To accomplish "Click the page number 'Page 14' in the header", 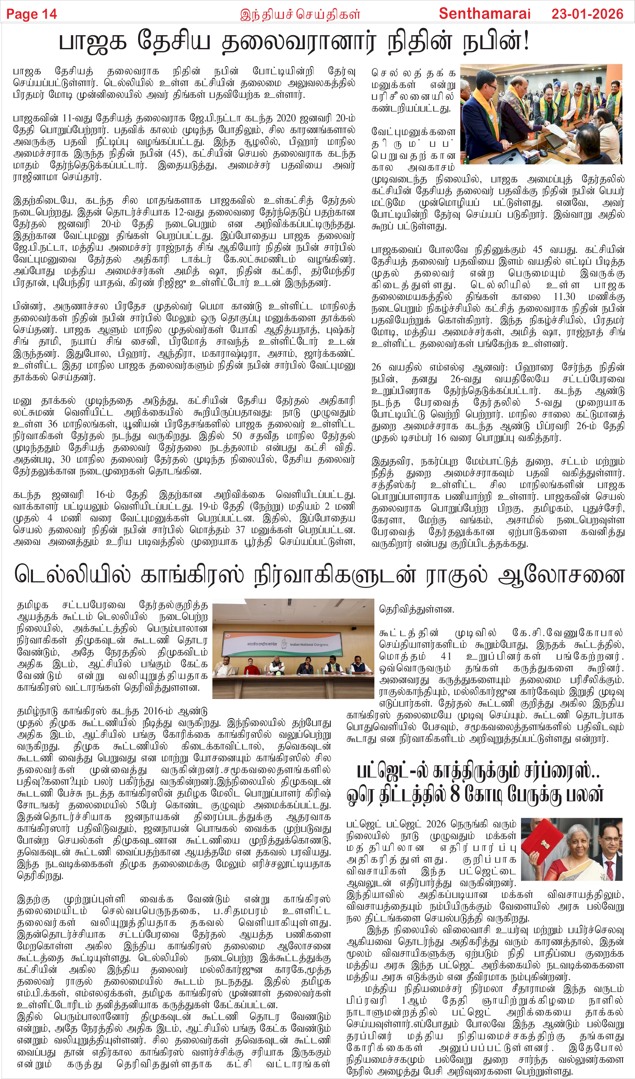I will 31,14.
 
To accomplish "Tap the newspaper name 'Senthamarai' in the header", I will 485,14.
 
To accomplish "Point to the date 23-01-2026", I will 587,14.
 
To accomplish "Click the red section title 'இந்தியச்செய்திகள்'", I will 300,15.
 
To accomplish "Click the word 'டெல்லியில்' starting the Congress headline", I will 73,575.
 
